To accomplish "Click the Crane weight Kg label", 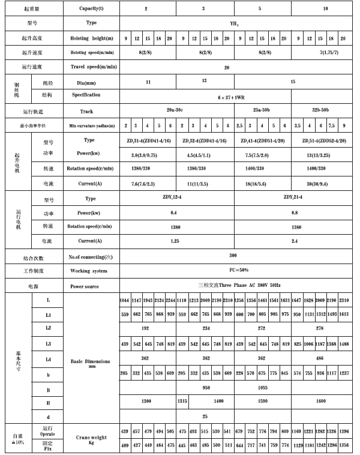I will click(x=91, y=440).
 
